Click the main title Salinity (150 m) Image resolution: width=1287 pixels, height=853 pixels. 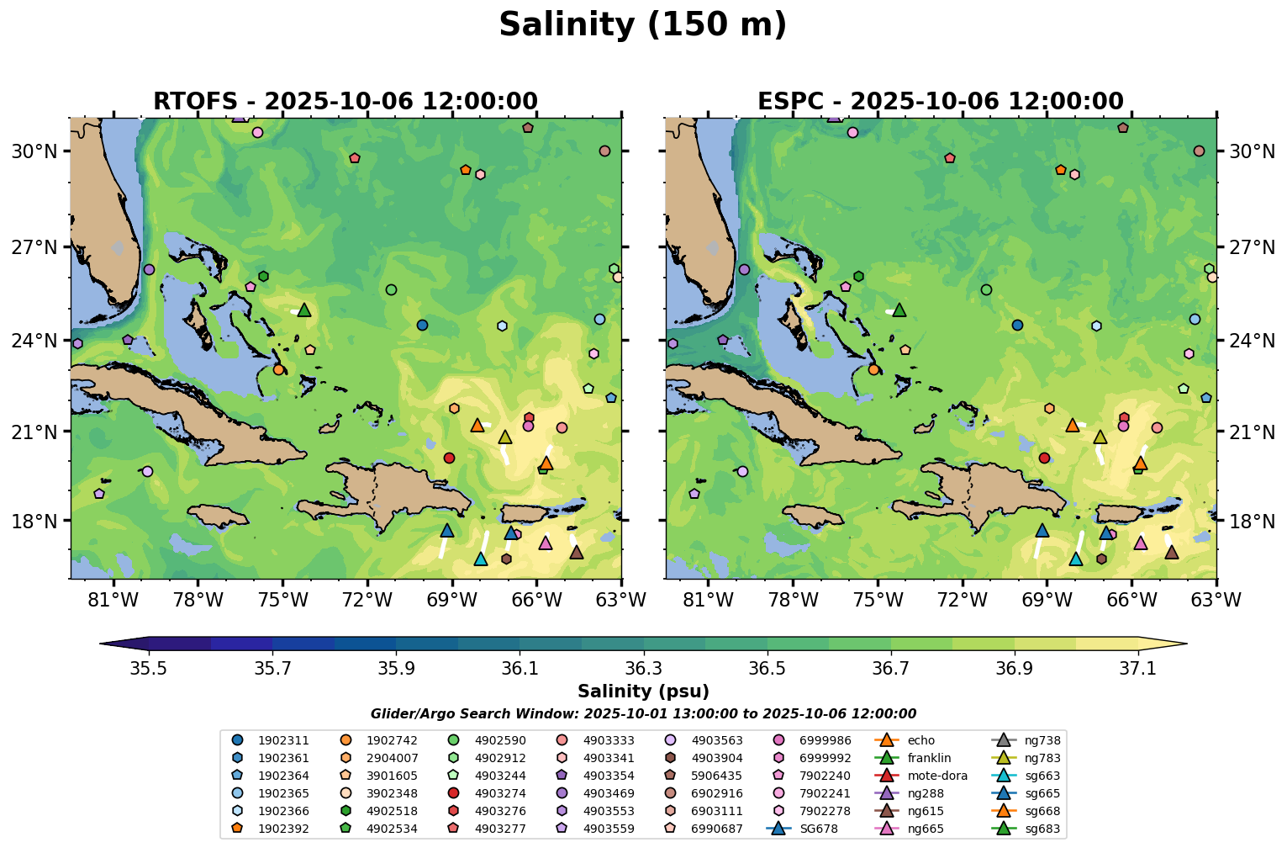(x=642, y=25)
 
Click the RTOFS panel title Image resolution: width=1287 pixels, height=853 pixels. (x=345, y=102)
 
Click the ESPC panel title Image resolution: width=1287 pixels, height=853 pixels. (x=940, y=102)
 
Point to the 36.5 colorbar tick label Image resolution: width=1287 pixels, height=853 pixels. (x=767, y=669)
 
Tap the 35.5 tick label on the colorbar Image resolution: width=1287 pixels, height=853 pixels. (x=149, y=669)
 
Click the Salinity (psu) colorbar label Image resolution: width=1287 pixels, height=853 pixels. (x=643, y=691)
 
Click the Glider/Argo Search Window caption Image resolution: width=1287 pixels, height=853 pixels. (x=643, y=714)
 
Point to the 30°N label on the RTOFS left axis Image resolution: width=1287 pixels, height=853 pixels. (x=34, y=151)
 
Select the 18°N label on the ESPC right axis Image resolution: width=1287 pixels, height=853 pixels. (x=1252, y=522)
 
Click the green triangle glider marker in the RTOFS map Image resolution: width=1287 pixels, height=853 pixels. (x=304, y=310)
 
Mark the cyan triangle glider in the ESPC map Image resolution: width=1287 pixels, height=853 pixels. (x=1075, y=559)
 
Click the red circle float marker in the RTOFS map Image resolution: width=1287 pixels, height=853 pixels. (x=449, y=458)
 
